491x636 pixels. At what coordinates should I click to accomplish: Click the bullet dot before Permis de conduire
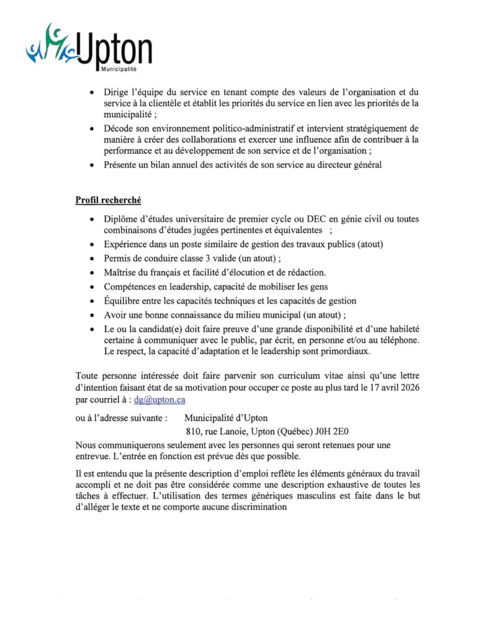pyautogui.click(x=91, y=258)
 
